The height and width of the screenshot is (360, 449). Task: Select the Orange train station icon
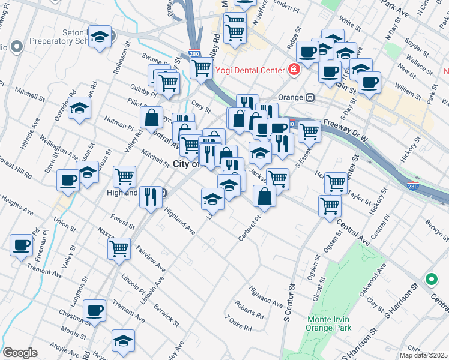click(x=310, y=97)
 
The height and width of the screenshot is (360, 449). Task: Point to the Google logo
click(x=20, y=353)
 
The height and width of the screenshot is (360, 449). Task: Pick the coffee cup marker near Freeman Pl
click(x=22, y=245)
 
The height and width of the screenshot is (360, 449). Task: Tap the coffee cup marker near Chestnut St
click(x=95, y=310)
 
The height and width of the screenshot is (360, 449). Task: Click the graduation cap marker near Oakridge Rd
click(x=78, y=109)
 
